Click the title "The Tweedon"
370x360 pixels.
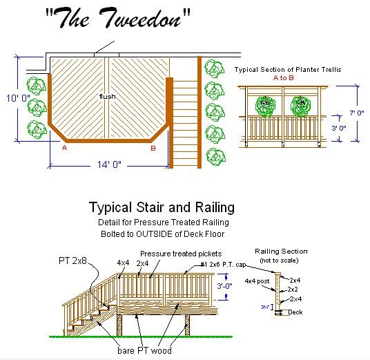coord(117,21)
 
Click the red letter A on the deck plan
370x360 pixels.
coord(65,148)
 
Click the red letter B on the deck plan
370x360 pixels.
coord(153,148)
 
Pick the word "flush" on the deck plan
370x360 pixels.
coord(107,96)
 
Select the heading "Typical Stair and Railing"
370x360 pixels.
coord(162,207)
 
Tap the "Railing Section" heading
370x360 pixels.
coord(281,252)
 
